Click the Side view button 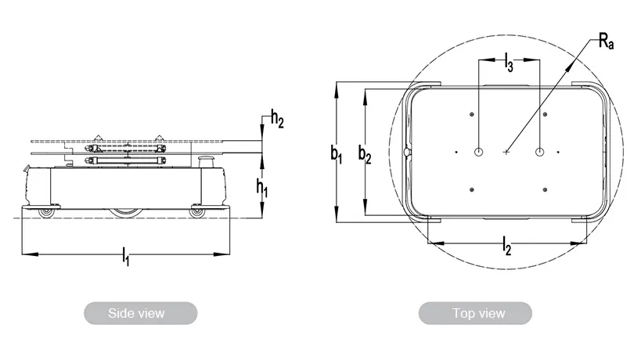click(x=141, y=313)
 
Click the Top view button click(x=475, y=313)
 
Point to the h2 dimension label click(x=277, y=118)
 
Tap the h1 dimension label click(x=262, y=188)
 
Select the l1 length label click(x=126, y=256)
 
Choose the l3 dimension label click(x=509, y=62)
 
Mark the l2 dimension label click(x=507, y=246)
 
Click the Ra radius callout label click(x=607, y=41)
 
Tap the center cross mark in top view click(x=506, y=152)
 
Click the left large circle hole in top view click(x=479, y=152)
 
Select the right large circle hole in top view click(x=539, y=152)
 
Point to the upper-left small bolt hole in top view click(x=472, y=114)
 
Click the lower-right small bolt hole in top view click(x=545, y=189)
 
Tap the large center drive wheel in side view click(x=126, y=213)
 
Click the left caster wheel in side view click(x=45, y=213)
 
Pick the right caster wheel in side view click(x=197, y=213)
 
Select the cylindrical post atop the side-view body click(x=205, y=161)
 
